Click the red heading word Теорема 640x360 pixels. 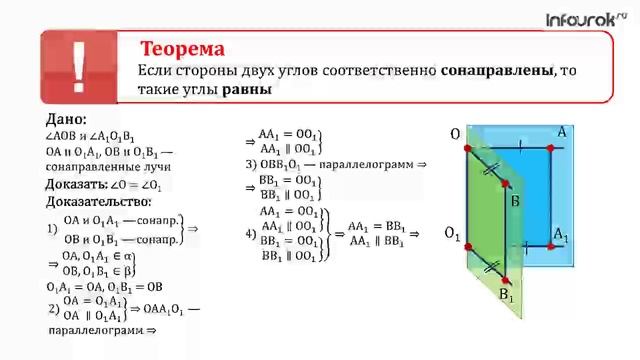click(x=181, y=49)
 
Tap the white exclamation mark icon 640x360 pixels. click(x=80, y=68)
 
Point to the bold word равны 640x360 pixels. click(x=247, y=89)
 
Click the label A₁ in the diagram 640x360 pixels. click(x=561, y=236)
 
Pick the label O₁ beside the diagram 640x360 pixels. click(x=451, y=235)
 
